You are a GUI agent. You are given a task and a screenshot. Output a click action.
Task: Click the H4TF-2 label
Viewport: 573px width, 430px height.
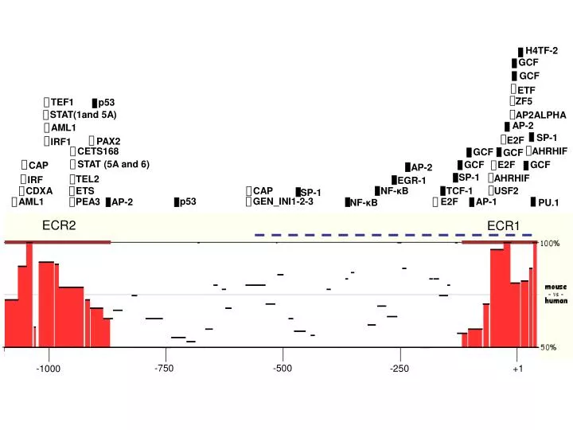542,51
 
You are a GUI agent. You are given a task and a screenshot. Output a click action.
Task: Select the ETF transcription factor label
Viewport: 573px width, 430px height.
526,90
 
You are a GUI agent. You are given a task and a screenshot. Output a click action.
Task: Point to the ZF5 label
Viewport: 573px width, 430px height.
524,102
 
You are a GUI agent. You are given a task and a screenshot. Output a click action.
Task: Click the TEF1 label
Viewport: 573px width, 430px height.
61,103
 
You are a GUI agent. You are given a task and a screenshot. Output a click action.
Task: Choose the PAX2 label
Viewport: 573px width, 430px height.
108,141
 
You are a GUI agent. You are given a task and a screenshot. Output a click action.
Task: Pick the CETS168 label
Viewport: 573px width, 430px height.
98,151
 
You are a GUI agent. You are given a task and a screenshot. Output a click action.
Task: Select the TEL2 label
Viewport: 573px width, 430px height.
88,178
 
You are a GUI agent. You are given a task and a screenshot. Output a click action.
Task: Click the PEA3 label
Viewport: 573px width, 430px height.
88,202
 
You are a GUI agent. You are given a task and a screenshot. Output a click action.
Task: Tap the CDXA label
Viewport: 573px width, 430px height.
39,191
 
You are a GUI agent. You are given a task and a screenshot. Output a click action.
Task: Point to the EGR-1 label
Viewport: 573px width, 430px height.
411,181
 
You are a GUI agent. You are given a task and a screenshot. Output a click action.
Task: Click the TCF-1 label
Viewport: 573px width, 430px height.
459,191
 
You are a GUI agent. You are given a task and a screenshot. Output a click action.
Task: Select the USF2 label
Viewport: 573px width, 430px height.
506,191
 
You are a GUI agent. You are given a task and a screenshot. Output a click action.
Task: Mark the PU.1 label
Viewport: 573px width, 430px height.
548,203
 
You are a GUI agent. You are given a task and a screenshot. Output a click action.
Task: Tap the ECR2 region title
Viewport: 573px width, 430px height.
59,226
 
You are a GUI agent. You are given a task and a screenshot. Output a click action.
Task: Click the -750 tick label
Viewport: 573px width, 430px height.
164,368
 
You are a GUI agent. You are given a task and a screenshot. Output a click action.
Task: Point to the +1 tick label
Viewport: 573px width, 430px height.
518,369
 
